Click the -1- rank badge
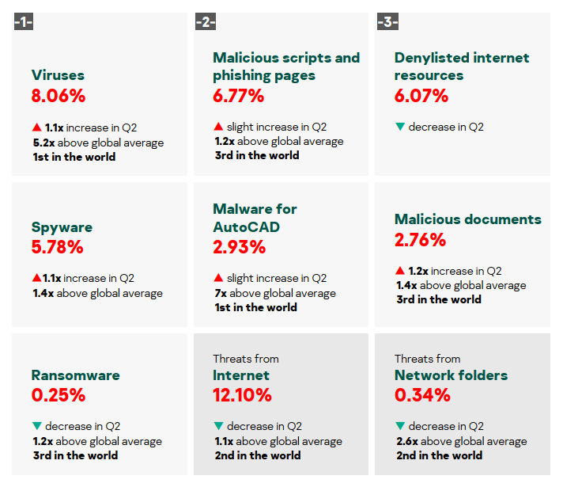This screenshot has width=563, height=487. coord(24,22)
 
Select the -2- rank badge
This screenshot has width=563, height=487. coord(204,22)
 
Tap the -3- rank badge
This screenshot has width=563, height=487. coord(387,22)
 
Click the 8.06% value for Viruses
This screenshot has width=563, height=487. coord(59,97)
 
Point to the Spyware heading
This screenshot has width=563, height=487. coord(62,227)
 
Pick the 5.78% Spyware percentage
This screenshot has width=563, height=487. coord(58,247)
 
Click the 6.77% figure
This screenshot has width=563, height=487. coord(239,97)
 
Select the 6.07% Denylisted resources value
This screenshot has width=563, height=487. coord(421,97)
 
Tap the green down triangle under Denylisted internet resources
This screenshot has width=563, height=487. coord(400,127)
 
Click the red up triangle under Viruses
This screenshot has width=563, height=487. coord(36,127)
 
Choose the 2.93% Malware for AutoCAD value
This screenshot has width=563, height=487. coord(240,247)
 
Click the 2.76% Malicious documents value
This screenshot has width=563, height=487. coord(421,240)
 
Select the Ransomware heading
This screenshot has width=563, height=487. coord(76,375)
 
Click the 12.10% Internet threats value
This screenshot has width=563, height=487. coord(243,395)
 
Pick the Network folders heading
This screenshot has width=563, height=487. coord(451,375)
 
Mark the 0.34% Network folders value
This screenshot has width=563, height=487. coord(421,395)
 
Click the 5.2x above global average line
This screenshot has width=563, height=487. coord(98,143)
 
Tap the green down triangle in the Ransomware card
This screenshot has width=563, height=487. coord(36,426)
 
